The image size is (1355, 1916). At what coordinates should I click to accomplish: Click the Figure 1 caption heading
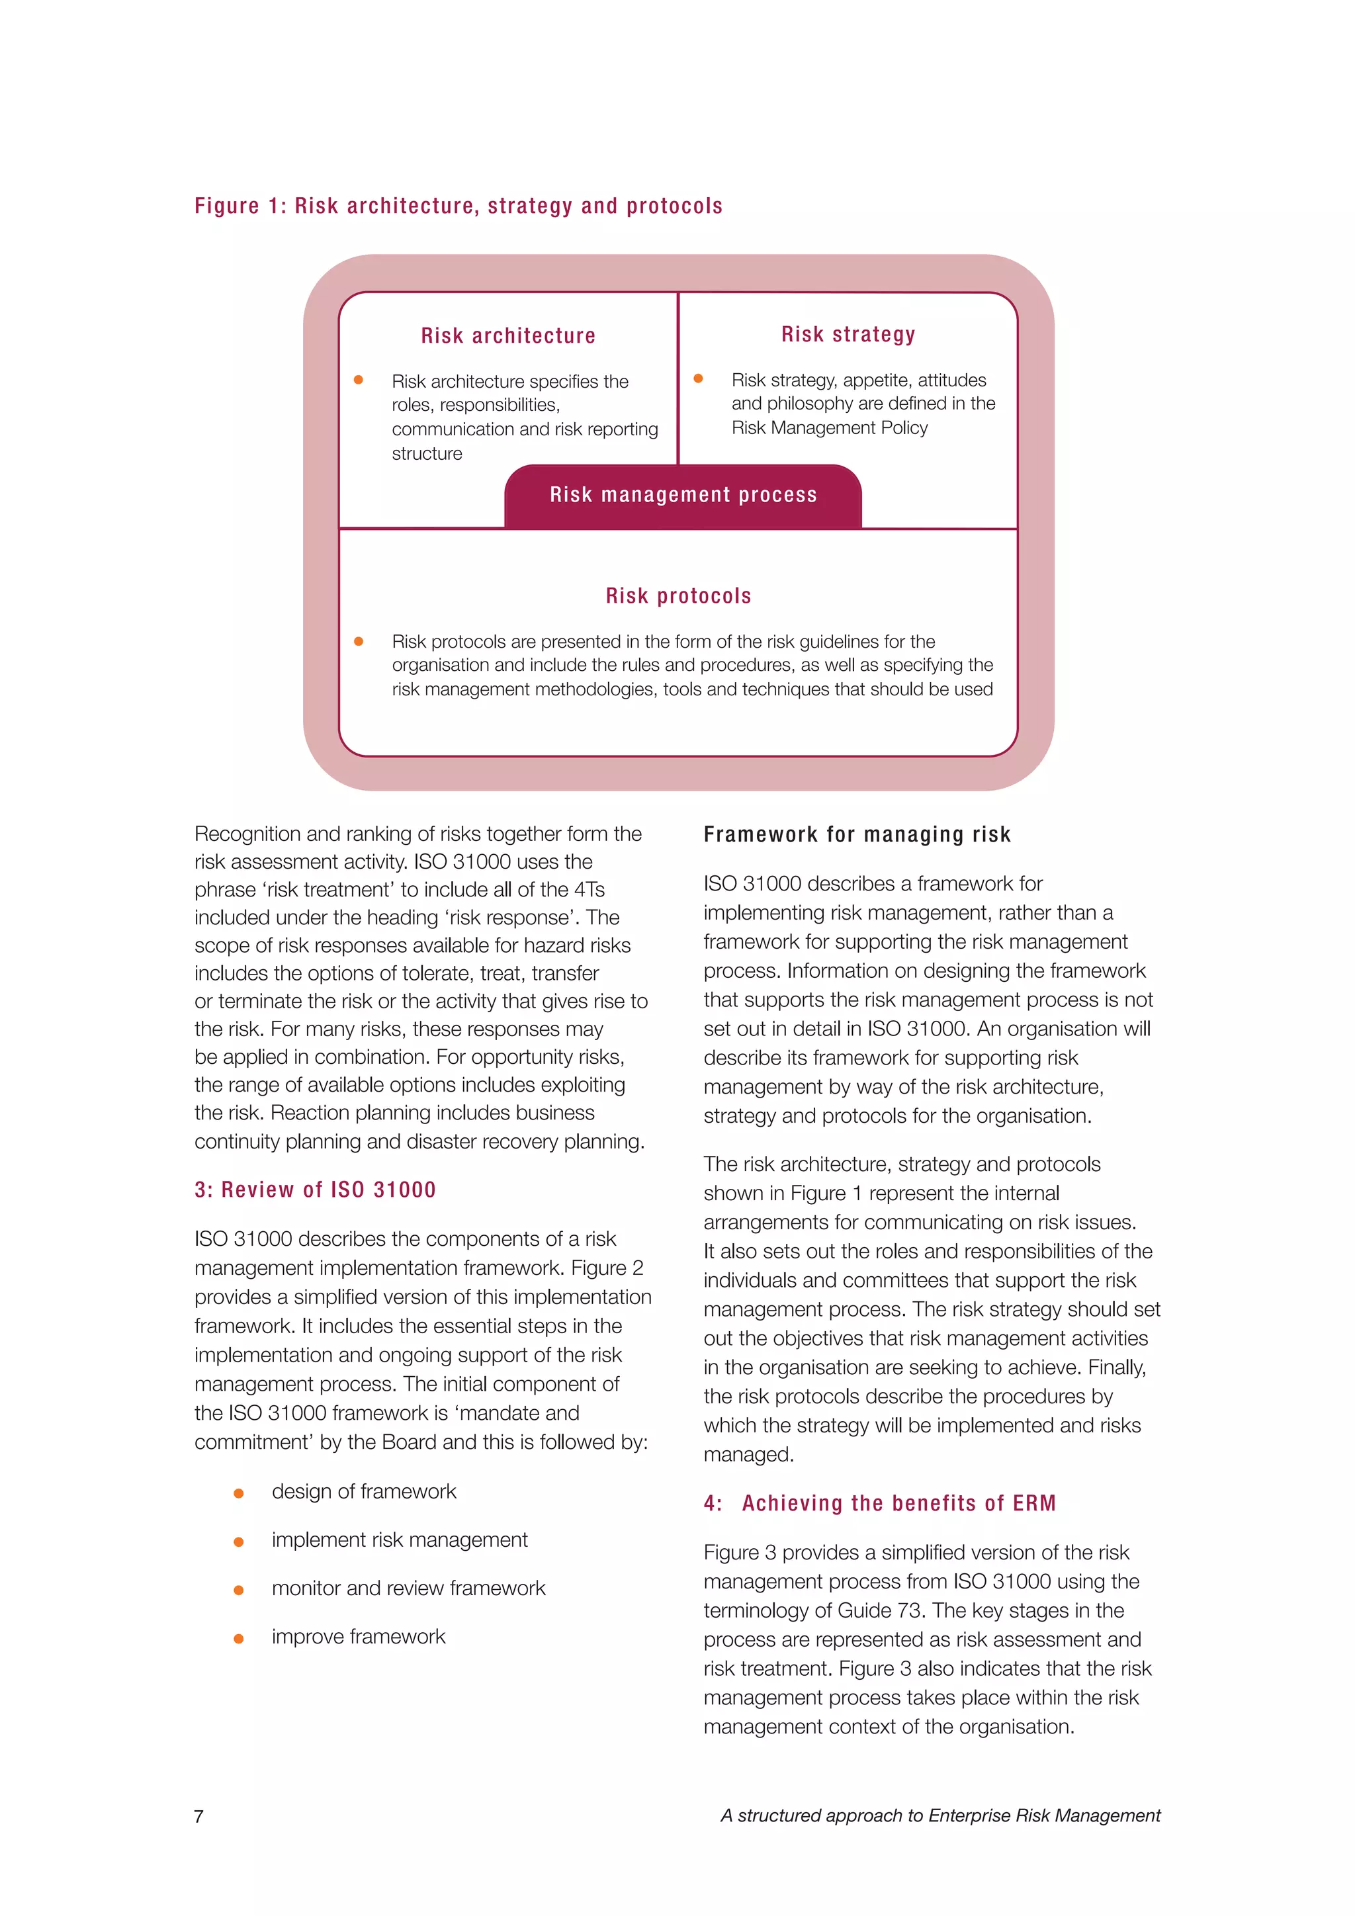[x=458, y=206]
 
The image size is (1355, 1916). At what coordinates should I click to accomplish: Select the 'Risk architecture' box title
[x=508, y=335]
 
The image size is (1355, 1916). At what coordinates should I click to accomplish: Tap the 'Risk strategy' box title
[x=848, y=335]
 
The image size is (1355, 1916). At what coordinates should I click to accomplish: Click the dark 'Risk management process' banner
[x=683, y=496]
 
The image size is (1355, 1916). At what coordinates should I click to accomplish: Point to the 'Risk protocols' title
[x=678, y=596]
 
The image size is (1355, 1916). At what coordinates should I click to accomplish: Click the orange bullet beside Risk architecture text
[x=359, y=380]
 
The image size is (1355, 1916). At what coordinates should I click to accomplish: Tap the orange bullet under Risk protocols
[x=359, y=642]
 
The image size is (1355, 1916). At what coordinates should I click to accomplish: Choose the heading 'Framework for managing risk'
[x=857, y=834]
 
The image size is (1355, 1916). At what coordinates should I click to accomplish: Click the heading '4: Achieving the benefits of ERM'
[x=879, y=1504]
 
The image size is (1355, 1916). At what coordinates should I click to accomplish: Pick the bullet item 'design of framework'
[x=364, y=1491]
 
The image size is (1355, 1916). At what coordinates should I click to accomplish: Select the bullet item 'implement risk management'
[x=400, y=1540]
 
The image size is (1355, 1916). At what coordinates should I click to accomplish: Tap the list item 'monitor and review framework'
[x=408, y=1588]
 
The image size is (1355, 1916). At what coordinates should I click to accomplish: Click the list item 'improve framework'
[x=358, y=1636]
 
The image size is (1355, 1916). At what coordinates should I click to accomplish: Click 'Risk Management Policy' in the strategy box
[x=830, y=428]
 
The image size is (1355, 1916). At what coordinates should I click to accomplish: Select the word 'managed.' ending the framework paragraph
[x=748, y=1454]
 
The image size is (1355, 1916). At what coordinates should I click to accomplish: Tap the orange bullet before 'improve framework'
[x=239, y=1638]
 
